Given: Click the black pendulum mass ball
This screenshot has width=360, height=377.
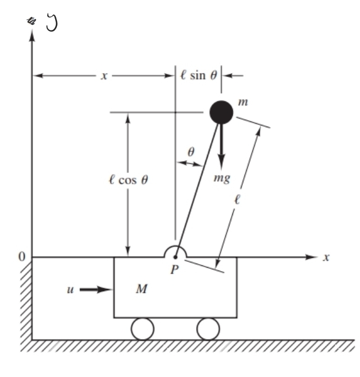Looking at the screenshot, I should point(220,111).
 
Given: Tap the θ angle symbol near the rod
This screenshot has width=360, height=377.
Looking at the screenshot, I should point(191,152).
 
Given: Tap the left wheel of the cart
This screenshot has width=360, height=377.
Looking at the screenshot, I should point(142,329).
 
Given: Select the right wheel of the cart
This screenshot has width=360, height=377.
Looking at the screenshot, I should point(208,329).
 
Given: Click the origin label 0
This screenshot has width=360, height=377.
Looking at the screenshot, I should point(22,257).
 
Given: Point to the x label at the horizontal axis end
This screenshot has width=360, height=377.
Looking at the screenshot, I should point(326,257).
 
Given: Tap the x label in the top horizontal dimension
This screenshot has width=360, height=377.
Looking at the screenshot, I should point(104,76).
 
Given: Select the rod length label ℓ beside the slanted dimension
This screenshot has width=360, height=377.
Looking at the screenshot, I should point(236,201).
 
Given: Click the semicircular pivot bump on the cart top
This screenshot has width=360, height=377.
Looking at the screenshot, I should point(175,252).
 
